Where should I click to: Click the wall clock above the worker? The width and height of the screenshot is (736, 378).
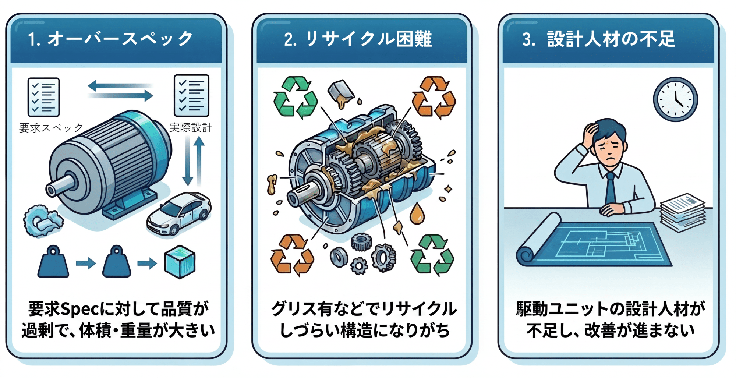675,99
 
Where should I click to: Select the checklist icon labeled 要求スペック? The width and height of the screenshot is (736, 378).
43,97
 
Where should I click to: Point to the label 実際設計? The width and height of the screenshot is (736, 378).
191,128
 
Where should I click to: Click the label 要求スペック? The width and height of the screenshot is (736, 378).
51,128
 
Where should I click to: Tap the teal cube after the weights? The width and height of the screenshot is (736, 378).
180,262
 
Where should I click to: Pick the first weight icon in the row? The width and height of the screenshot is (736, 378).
53,262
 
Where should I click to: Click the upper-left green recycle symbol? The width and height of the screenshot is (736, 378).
295,97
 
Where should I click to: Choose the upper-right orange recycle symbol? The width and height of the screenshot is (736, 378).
434,97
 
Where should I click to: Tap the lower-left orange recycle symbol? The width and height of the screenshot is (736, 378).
292,255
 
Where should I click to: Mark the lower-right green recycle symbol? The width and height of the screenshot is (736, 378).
432,255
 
